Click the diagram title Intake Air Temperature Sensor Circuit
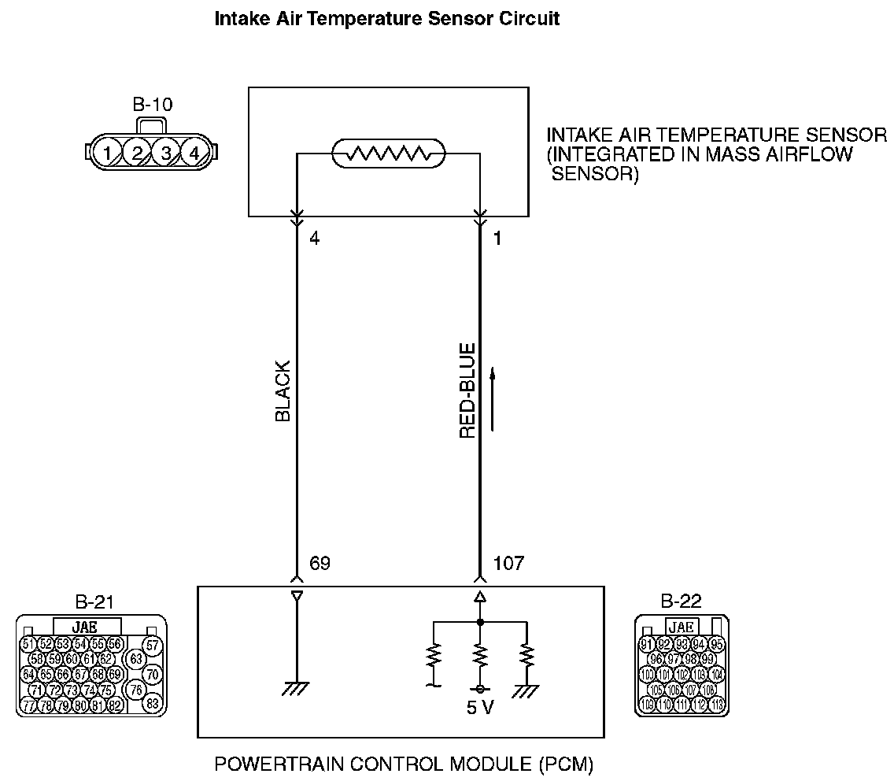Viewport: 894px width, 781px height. [386, 19]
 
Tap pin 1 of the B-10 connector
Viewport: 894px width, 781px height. [106, 152]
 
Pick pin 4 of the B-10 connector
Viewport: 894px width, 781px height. [194, 152]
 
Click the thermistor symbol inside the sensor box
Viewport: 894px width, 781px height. [388, 154]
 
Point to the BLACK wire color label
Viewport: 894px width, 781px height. [283, 391]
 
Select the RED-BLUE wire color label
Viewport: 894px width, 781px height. [467, 390]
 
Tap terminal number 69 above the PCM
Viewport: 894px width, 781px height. [320, 564]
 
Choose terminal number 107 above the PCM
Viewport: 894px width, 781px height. [508, 564]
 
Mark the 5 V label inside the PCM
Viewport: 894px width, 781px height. [479, 707]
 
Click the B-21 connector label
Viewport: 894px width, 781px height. [94, 603]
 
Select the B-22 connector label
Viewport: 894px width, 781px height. [682, 603]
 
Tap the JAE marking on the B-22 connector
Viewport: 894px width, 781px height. [681, 627]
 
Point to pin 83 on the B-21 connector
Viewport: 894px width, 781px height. [153, 704]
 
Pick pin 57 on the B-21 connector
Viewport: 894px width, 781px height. [153, 646]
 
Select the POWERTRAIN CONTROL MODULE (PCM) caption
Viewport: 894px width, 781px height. [404, 764]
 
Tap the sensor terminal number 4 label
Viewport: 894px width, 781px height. [315, 238]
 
